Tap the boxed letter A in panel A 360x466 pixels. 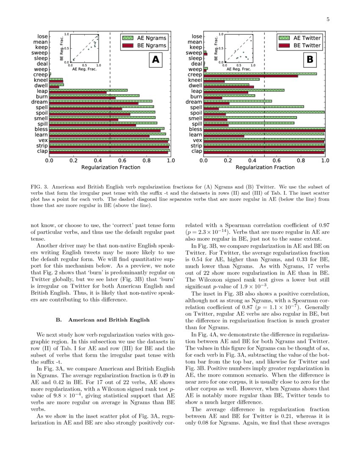tap(155, 60)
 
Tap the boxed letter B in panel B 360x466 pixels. tap(310, 60)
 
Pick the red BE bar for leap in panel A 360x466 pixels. tap(78, 92)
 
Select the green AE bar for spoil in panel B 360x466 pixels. tap(264, 112)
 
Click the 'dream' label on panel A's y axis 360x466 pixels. tap(39, 102)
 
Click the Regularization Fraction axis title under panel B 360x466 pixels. tap(265, 168)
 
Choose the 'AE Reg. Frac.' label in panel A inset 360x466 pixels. tap(84, 69)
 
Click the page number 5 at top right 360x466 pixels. tap(328, 19)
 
